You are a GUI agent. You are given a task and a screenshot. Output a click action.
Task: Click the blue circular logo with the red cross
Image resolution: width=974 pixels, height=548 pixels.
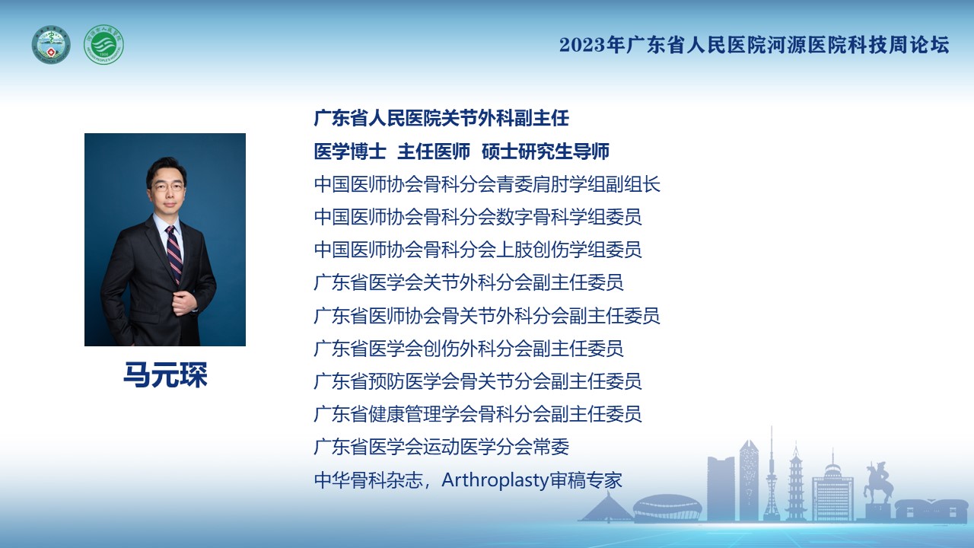pos(51,45)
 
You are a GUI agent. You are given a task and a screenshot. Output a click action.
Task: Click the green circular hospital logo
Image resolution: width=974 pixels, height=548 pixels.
pos(103,45)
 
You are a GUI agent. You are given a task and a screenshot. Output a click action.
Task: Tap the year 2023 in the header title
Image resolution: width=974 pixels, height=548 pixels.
pos(582,45)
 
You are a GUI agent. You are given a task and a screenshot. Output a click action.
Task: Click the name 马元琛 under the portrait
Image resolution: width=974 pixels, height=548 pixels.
pos(165,374)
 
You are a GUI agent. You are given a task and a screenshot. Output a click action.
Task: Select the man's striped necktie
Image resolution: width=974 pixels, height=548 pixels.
pos(174,254)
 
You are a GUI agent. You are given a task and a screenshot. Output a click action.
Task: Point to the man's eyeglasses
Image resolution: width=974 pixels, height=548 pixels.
pos(167,187)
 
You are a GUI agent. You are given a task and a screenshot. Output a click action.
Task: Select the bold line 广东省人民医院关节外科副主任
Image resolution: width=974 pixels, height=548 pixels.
pos(441,118)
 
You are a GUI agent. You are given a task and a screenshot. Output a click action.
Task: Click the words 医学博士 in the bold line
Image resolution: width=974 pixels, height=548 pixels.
pos(350,151)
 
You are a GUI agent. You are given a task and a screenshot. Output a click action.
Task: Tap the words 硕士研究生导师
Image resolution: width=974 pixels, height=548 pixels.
pos(546,151)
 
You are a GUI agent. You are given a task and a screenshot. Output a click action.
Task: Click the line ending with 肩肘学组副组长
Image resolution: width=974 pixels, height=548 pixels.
pos(487,184)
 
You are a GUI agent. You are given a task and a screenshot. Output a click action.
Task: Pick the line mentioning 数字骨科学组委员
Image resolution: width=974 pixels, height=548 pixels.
pos(478,217)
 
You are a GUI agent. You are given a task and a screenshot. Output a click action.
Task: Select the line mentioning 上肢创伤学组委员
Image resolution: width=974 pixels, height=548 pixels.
pos(478,250)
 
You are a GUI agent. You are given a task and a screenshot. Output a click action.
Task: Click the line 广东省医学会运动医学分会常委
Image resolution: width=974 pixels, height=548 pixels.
pos(441,447)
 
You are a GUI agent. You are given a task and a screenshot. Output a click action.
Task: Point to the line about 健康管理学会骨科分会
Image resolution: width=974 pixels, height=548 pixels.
pos(478,414)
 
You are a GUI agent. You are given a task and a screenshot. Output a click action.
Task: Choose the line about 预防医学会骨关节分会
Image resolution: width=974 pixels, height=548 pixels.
pos(478,381)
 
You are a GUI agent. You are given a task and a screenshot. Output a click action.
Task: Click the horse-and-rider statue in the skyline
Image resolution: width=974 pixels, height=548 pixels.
pos(878,483)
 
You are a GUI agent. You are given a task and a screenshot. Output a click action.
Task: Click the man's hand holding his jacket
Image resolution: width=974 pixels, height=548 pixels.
pos(186,301)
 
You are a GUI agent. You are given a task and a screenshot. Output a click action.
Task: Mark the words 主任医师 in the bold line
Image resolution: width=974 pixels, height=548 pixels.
pos(434,151)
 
